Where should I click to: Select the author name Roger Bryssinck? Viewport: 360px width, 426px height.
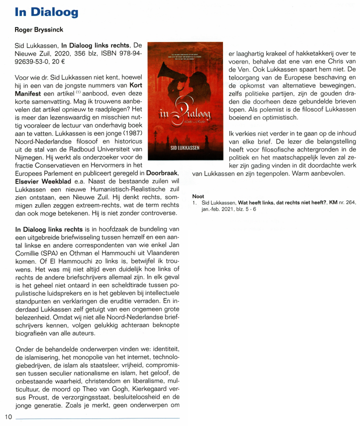(x=42, y=29)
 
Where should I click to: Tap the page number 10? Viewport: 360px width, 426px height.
(x=8, y=416)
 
